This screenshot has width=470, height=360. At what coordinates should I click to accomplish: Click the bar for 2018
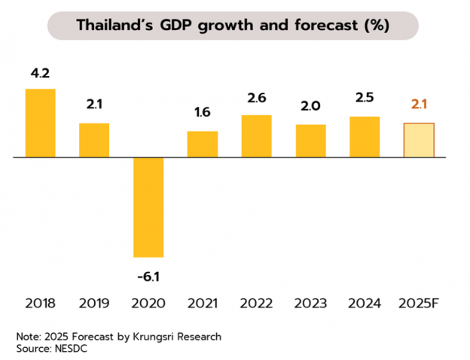(41, 124)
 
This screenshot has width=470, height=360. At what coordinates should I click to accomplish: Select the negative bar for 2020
(148, 207)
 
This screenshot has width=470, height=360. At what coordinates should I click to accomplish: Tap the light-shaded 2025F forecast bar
(419, 140)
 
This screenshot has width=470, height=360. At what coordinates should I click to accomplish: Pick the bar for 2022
(256, 136)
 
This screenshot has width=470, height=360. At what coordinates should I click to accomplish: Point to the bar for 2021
(203, 145)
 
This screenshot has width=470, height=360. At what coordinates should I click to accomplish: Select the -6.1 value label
(148, 276)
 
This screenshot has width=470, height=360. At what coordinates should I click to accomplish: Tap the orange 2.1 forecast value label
(419, 105)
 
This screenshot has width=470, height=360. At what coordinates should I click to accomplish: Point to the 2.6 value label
(256, 97)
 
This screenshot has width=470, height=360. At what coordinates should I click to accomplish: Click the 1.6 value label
(203, 113)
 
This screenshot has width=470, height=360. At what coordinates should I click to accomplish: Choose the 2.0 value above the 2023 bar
(310, 106)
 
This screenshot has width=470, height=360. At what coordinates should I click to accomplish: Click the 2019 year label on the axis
(94, 304)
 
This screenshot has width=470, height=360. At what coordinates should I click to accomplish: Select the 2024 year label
(365, 304)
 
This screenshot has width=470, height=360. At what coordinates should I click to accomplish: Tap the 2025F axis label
(419, 304)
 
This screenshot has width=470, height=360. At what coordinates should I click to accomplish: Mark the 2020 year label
(148, 304)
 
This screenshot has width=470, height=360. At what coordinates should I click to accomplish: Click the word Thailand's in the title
(117, 26)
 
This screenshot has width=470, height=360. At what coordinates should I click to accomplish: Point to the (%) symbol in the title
(377, 26)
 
